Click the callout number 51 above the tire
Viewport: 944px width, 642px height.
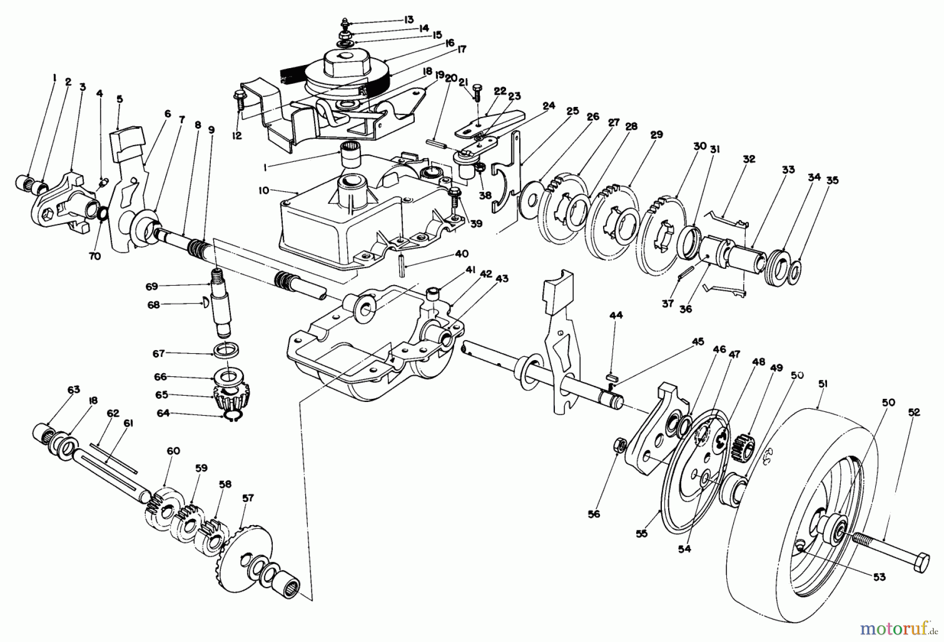click(822, 384)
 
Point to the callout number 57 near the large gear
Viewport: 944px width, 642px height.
click(247, 498)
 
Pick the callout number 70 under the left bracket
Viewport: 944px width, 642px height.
click(95, 256)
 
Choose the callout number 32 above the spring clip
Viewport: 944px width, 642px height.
click(749, 159)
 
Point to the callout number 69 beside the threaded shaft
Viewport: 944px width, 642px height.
click(152, 287)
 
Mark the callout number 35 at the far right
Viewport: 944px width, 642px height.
click(832, 180)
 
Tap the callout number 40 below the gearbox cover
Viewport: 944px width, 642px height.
click(461, 254)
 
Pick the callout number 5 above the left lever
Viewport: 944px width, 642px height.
click(120, 98)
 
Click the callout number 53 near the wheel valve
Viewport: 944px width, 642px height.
click(879, 576)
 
